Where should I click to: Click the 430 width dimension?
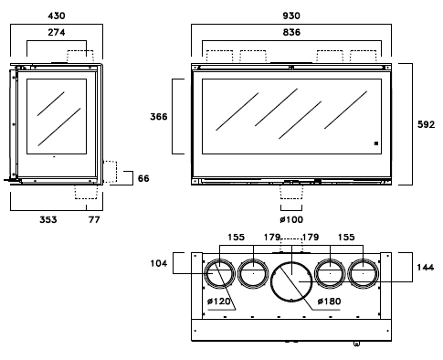[x=57, y=16]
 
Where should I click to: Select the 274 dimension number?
[x=57, y=32]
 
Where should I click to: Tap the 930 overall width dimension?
[x=291, y=16]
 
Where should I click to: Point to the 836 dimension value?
[x=291, y=32]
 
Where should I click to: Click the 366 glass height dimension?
[x=159, y=117]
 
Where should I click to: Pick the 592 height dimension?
[x=427, y=124]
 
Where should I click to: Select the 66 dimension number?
[x=143, y=178]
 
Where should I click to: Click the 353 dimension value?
[x=48, y=219]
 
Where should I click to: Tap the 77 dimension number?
[x=94, y=219]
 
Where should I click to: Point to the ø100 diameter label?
[x=291, y=219]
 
